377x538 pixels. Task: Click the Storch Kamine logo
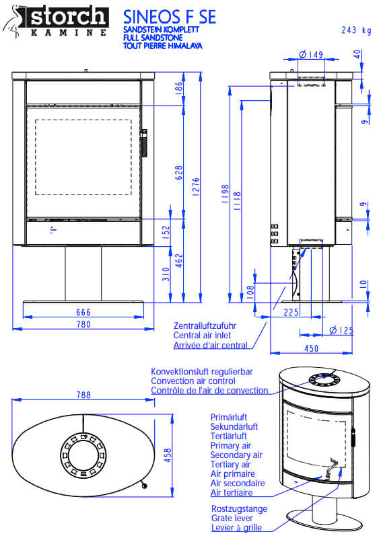[56, 22]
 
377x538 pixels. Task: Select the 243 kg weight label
[356, 30]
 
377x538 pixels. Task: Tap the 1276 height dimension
[196, 187]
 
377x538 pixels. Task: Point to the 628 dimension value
[179, 173]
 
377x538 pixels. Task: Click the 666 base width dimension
[83, 312]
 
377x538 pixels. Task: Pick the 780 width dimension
[83, 324]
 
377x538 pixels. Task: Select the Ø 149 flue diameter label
[311, 54]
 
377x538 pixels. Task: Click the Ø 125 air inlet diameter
[341, 330]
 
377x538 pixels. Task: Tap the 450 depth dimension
[312, 348]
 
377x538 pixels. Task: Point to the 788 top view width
[83, 395]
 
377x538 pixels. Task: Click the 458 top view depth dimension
[168, 455]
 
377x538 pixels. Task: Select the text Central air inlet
[202, 335]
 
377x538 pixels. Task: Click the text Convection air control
[193, 381]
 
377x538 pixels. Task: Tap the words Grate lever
[232, 518]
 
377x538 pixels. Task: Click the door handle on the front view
[144, 143]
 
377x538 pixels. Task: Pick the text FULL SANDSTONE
[153, 38]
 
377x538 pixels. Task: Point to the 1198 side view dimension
[226, 194]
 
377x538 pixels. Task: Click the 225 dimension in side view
[291, 313]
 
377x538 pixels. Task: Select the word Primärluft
[229, 417]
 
